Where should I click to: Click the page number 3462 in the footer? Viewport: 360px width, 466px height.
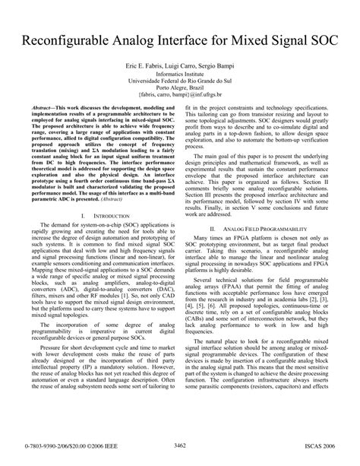coord(180,455)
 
